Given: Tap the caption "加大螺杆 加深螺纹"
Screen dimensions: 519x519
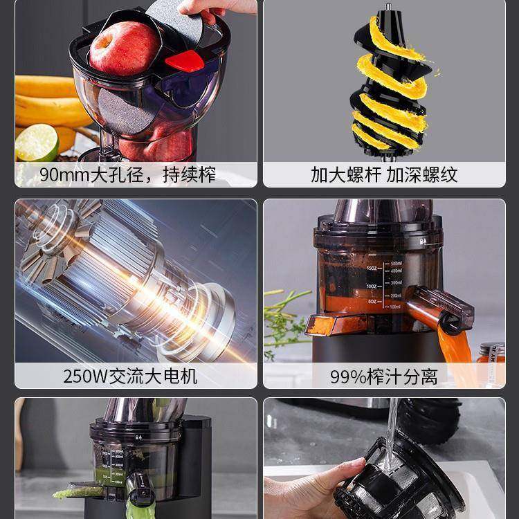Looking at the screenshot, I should click(x=384, y=174).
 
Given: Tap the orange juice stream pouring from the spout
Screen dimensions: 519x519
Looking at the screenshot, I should click(x=453, y=346).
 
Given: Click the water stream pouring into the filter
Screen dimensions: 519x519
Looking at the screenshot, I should click(x=392, y=429).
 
